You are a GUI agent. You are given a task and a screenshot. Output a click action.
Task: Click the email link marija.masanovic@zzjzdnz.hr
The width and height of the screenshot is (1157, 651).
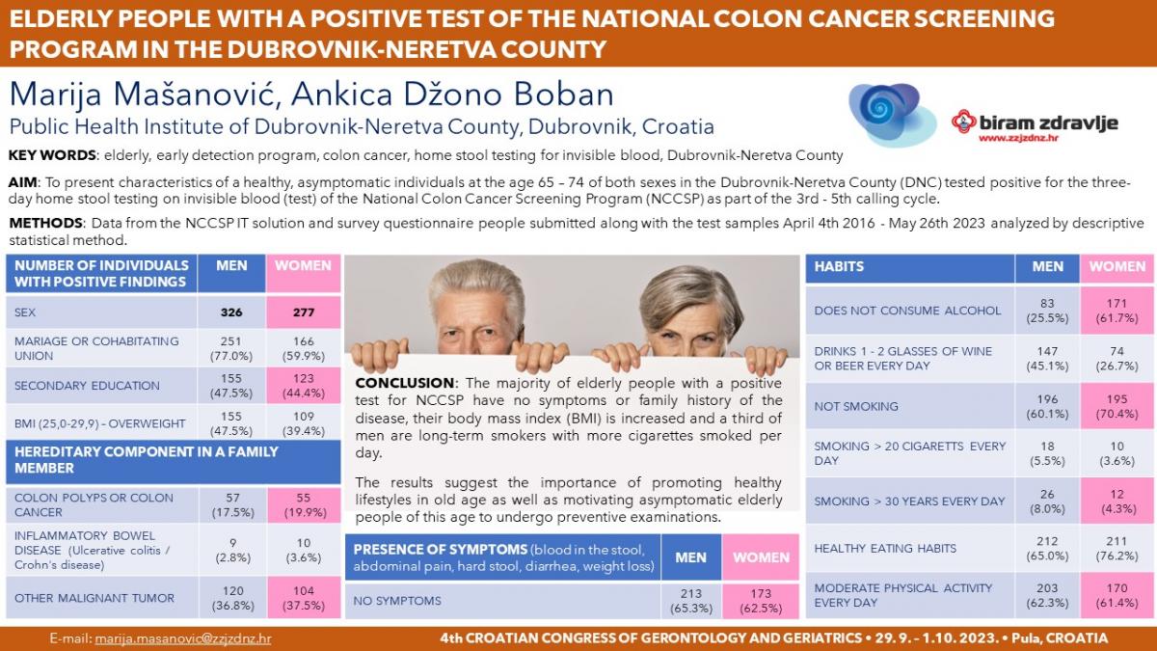click(x=183, y=638)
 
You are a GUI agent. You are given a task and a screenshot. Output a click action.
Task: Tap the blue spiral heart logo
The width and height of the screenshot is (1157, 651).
click(x=892, y=115)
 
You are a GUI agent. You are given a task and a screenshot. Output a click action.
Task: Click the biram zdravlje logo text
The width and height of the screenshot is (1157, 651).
click(x=1035, y=123)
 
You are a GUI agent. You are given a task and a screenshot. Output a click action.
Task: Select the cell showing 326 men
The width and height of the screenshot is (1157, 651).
click(x=231, y=312)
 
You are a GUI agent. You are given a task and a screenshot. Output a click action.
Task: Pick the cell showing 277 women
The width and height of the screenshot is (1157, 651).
click(x=303, y=312)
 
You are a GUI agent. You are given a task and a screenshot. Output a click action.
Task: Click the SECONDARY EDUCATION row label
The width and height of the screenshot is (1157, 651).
click(x=87, y=386)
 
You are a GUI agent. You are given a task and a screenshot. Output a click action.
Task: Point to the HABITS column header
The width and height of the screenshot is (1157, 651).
click(x=839, y=266)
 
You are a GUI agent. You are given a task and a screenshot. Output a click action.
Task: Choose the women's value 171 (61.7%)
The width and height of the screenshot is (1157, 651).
click(x=1117, y=311)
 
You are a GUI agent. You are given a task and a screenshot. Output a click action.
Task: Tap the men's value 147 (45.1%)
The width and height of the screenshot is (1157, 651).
click(x=1047, y=359)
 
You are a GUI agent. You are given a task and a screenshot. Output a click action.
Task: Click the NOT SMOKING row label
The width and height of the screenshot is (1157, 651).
click(x=856, y=407)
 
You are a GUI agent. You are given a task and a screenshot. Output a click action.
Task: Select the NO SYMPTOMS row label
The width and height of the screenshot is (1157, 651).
click(x=397, y=601)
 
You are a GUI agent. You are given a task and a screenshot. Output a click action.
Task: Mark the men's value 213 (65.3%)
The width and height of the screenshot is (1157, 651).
click(x=691, y=601)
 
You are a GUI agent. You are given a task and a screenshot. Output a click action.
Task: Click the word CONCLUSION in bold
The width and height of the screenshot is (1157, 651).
click(x=404, y=383)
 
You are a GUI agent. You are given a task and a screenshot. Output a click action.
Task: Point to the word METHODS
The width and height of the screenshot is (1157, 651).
click(x=45, y=223)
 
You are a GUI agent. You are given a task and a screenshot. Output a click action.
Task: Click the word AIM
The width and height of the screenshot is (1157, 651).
click(x=22, y=182)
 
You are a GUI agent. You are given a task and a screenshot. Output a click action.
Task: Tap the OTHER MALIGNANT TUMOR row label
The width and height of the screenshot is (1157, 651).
click(x=94, y=598)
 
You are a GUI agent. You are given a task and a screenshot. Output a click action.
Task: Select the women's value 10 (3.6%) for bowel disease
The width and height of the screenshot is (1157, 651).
click(x=303, y=551)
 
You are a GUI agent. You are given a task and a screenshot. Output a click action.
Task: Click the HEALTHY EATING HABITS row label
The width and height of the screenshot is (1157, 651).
click(x=885, y=549)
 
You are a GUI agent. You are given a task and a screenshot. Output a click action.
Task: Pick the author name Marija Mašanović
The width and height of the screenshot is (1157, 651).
click(x=141, y=95)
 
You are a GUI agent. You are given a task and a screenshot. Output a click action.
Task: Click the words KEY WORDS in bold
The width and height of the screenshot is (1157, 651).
click(x=52, y=155)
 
